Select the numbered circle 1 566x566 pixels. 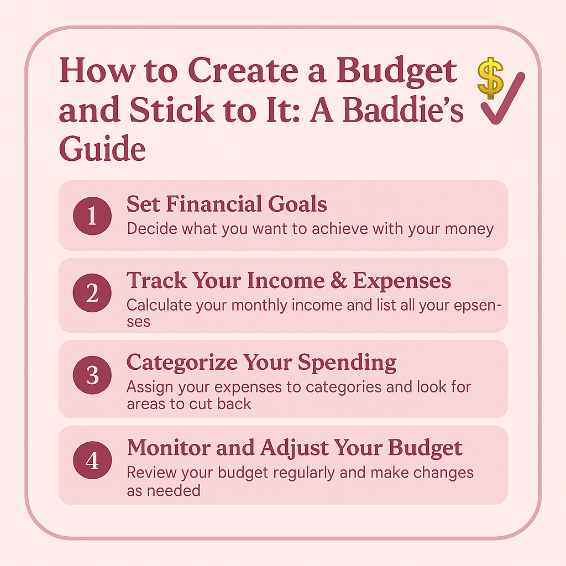pos(92,216)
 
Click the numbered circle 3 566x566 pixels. pos(92,376)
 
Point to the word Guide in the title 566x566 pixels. pos(102,149)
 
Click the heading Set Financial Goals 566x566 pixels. pos(227,205)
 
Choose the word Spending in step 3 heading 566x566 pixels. pos(347,363)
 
